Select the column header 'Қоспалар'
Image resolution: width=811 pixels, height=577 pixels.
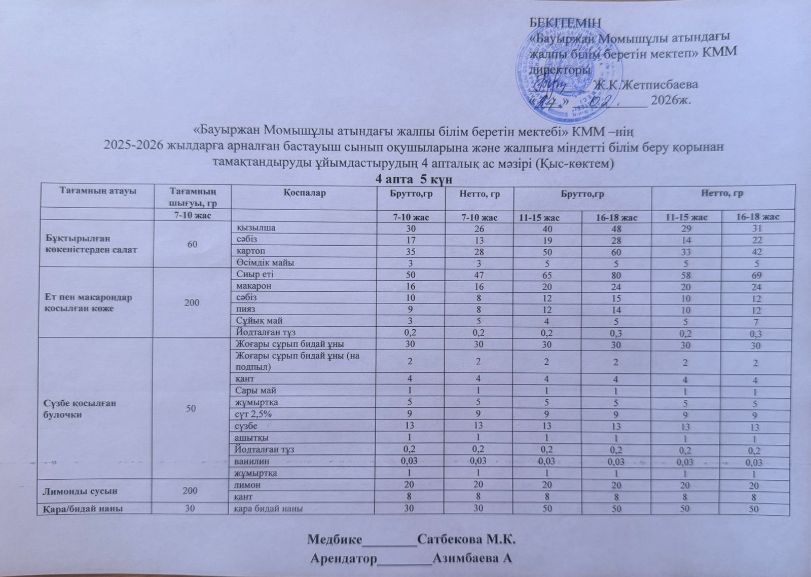pyautogui.click(x=305, y=193)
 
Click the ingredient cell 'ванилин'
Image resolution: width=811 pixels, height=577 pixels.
pyautogui.click(x=252, y=461)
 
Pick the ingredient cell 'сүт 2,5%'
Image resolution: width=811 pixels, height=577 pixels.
pyautogui.click(x=254, y=414)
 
